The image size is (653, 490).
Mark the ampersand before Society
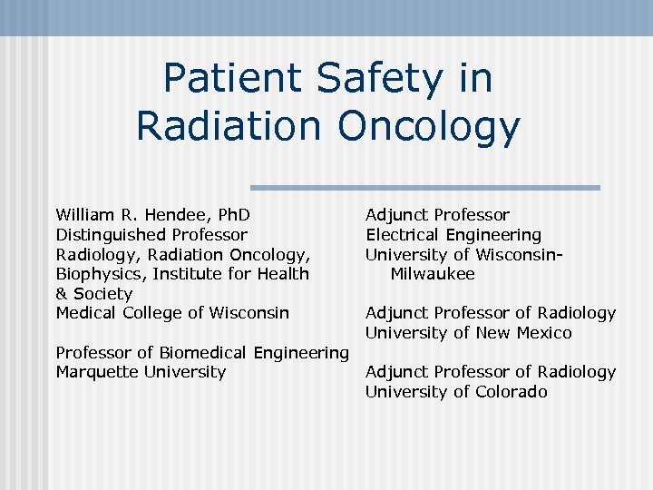62,294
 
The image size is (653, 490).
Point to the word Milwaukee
433,274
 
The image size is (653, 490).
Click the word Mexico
541,333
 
